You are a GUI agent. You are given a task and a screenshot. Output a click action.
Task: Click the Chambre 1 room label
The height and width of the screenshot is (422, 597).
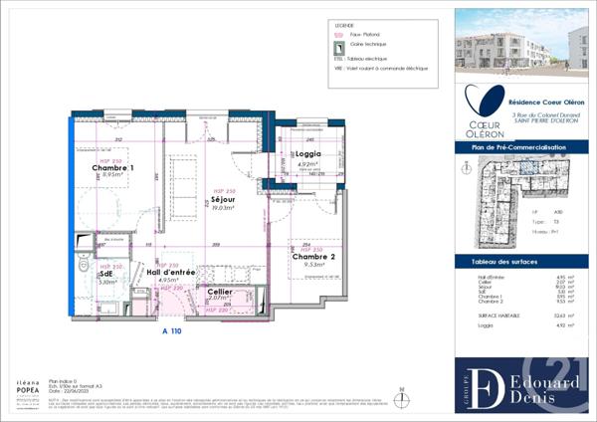coord(113,168)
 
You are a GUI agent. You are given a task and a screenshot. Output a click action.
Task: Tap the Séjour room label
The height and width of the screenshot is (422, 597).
coord(222,199)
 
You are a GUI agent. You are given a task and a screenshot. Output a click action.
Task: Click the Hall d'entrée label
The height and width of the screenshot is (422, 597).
coord(170,271)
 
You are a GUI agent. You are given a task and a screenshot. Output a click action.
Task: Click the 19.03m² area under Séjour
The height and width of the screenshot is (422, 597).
coord(222,208)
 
